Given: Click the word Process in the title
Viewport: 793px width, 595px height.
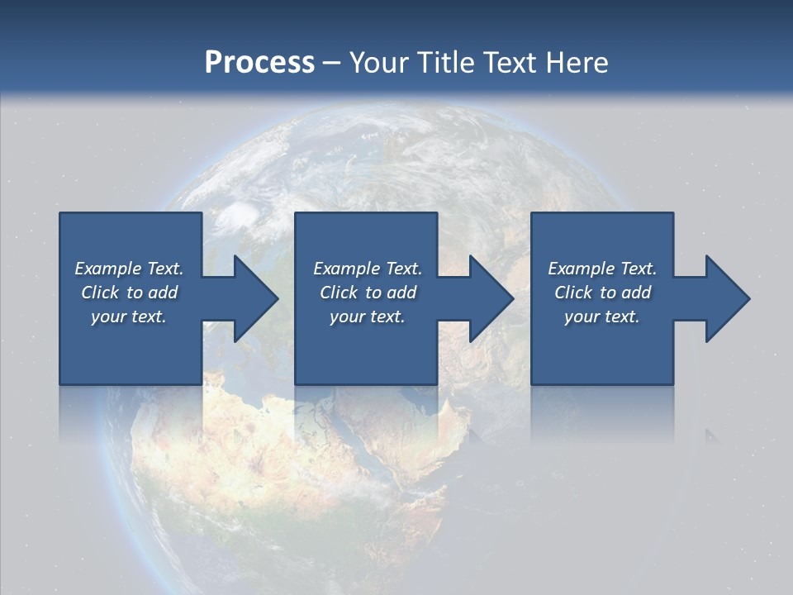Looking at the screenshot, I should pyautogui.click(x=259, y=62).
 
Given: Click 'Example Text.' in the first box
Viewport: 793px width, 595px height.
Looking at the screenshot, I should pyautogui.click(x=129, y=269).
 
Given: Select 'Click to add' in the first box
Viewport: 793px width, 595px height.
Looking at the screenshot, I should pyautogui.click(x=129, y=293).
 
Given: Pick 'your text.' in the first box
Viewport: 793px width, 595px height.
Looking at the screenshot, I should pyautogui.click(x=129, y=317).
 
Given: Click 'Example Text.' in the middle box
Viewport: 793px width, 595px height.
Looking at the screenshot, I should pyautogui.click(x=367, y=269).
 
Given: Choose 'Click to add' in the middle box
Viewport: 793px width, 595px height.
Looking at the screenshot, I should pyautogui.click(x=367, y=293).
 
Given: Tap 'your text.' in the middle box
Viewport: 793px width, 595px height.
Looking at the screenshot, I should pyautogui.click(x=367, y=317).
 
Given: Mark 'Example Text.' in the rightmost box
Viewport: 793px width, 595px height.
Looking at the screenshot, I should pyautogui.click(x=602, y=269).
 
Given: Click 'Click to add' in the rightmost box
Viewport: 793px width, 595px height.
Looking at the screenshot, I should pyautogui.click(x=602, y=293).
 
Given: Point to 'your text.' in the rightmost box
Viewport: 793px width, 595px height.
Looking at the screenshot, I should pyautogui.click(x=602, y=317).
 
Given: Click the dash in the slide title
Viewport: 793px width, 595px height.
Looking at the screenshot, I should pyautogui.click(x=332, y=63).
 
